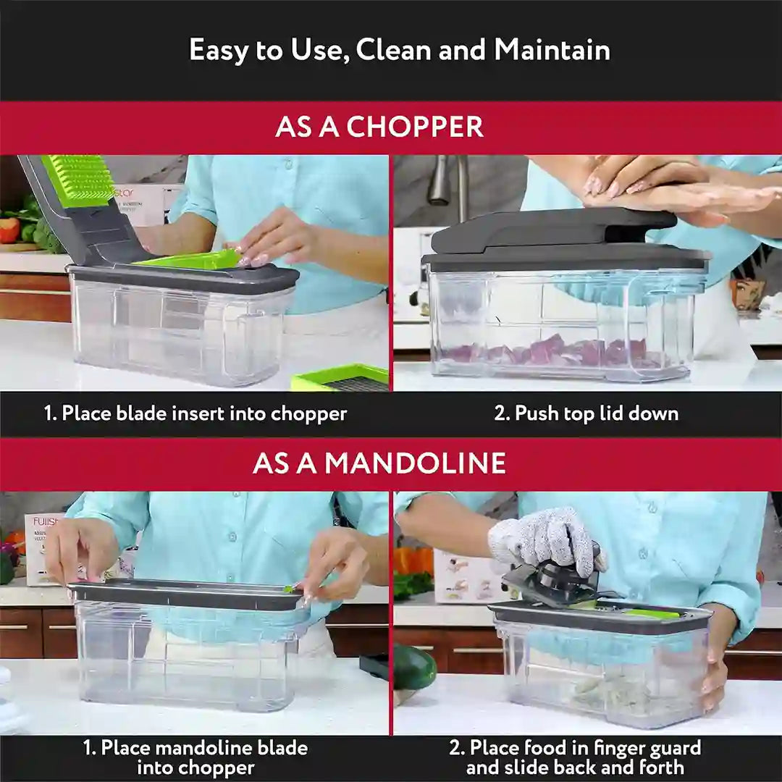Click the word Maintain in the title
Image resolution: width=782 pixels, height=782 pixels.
[552, 50]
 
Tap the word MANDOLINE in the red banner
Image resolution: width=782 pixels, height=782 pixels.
[415, 463]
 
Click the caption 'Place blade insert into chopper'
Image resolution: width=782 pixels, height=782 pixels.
[195, 413]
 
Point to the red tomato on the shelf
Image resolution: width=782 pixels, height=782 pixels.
[9, 230]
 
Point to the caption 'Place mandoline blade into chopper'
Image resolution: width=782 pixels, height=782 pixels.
[195, 757]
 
